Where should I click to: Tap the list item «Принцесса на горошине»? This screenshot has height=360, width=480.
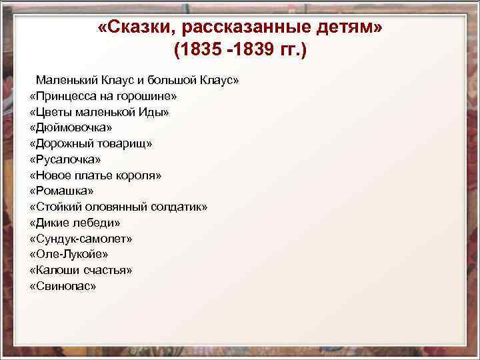pyautogui.click(x=103, y=96)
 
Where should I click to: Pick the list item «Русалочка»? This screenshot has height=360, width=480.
pyautogui.click(x=65, y=159)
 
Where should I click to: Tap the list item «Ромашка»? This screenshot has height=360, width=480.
pyautogui.click(x=61, y=191)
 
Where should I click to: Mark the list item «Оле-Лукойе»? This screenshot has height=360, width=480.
pyautogui.click(x=69, y=254)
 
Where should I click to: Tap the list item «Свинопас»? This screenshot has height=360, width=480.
pyautogui.click(x=63, y=286)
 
